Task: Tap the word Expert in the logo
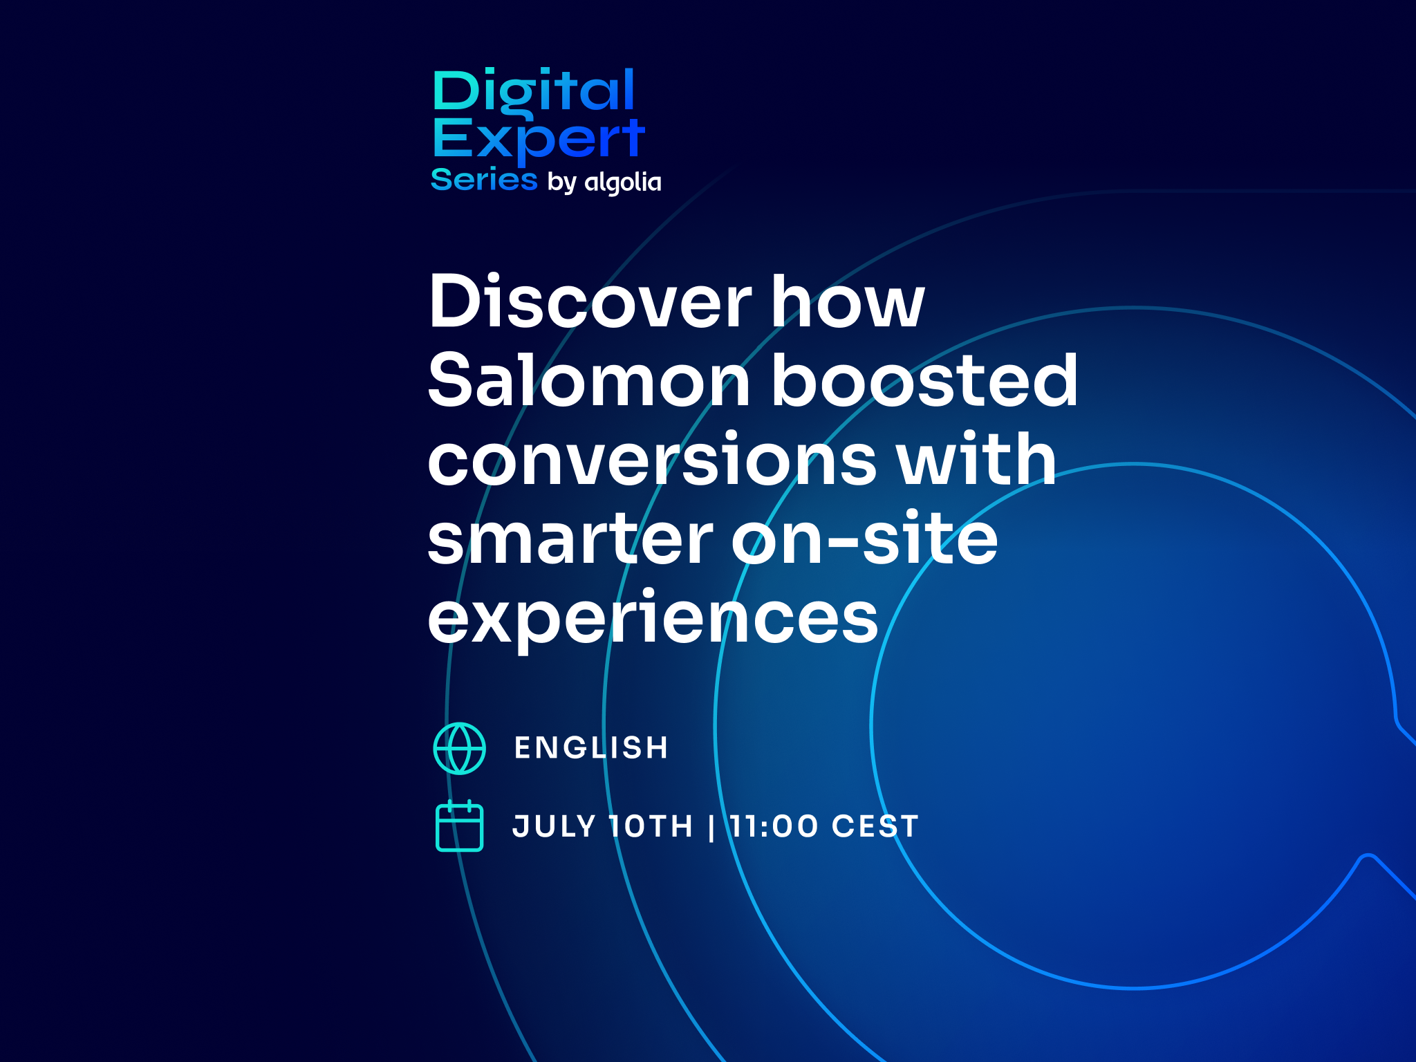(539, 141)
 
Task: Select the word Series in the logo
(484, 180)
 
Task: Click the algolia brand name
(623, 183)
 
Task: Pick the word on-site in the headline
(865, 537)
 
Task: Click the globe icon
(460, 748)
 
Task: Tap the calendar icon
(460, 826)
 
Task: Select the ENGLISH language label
(592, 747)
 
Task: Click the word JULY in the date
(554, 826)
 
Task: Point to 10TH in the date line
(651, 826)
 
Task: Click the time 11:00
(774, 826)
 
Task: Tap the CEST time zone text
(875, 826)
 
